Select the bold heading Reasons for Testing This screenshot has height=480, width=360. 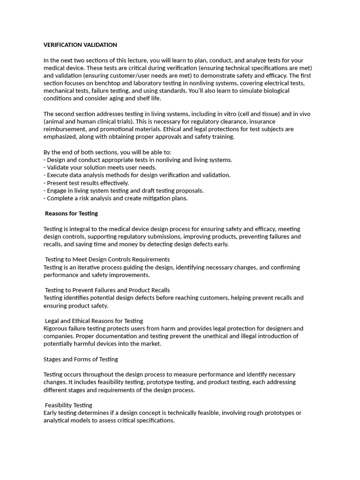click(x=71, y=213)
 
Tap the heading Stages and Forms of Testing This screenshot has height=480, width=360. click(x=81, y=359)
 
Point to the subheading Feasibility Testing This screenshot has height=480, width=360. click(x=68, y=405)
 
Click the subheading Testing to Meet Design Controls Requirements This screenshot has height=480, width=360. click(x=107, y=259)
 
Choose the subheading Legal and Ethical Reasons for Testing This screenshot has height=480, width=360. click(x=94, y=321)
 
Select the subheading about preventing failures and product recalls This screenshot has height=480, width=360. click(x=107, y=290)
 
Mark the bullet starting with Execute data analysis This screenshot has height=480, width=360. click(x=137, y=175)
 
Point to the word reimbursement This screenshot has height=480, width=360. click(x=64, y=129)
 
